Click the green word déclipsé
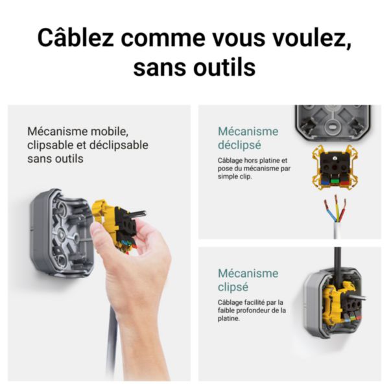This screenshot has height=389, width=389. pos(239,145)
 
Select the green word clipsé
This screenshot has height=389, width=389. pos(233,287)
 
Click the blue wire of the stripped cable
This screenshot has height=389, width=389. pos(329,210)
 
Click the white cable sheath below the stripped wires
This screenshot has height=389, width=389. pos(336,228)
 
